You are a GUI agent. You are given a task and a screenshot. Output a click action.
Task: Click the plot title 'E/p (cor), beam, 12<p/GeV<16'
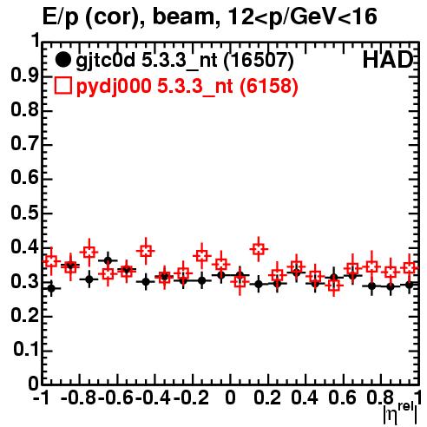(x=210, y=16)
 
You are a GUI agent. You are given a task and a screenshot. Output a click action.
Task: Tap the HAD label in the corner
(x=387, y=60)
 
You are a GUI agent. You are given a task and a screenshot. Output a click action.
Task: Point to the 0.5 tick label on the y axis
(x=24, y=213)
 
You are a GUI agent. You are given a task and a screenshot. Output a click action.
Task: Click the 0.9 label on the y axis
(x=24, y=76)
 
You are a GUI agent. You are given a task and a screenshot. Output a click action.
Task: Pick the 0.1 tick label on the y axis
(x=26, y=350)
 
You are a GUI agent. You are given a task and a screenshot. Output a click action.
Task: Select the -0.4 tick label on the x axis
(x=153, y=397)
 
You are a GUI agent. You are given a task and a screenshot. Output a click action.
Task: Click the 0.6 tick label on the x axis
(x=342, y=397)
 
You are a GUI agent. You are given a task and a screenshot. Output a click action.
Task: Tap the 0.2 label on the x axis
(x=267, y=397)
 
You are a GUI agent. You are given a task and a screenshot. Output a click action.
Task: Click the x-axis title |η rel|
(x=400, y=412)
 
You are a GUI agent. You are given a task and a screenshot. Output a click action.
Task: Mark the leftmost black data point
(x=51, y=288)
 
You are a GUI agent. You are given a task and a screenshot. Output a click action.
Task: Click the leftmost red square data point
(x=51, y=261)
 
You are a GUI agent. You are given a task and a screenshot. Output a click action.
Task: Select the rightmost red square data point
(x=410, y=268)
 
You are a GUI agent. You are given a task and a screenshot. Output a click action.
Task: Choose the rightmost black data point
(x=410, y=285)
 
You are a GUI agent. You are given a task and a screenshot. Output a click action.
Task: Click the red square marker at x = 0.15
(x=259, y=249)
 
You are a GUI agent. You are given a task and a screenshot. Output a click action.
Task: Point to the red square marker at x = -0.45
(x=146, y=251)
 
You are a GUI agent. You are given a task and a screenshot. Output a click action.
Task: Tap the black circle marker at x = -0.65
(x=108, y=261)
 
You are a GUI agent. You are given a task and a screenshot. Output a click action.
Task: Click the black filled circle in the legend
(x=62, y=60)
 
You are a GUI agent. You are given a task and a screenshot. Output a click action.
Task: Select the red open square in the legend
(x=62, y=86)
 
